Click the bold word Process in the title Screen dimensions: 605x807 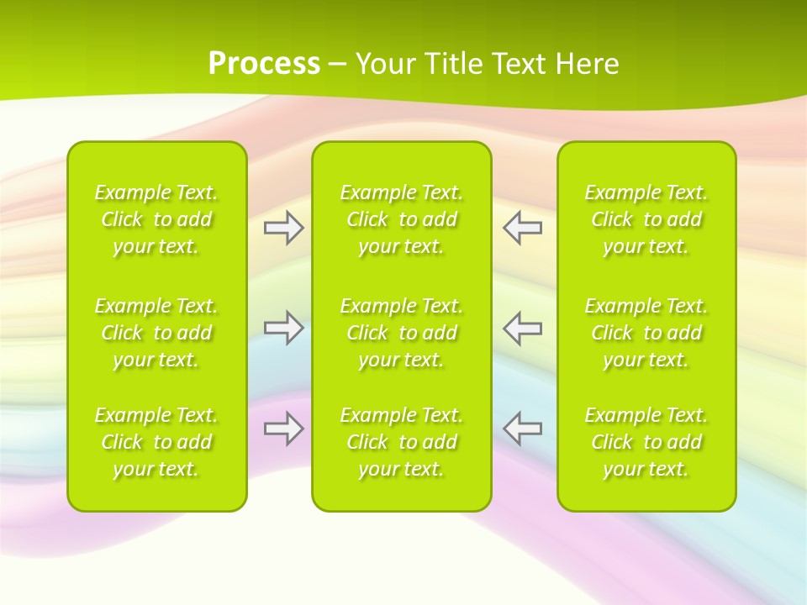264,64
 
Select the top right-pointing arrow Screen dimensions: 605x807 283,228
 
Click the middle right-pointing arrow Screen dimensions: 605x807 283,328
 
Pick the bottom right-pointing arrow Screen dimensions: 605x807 283,429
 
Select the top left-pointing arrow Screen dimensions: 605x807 523,228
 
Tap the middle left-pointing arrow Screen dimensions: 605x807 523,328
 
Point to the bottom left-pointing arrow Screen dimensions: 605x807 523,429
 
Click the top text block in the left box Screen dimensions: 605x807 156,219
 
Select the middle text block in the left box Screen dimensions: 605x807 156,333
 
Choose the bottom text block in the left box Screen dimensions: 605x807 156,442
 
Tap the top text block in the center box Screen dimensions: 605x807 401,219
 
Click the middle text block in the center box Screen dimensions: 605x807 401,333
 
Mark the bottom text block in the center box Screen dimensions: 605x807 401,442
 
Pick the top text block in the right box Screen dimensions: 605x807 646,219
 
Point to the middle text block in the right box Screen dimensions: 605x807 646,333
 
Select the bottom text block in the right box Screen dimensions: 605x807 646,442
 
